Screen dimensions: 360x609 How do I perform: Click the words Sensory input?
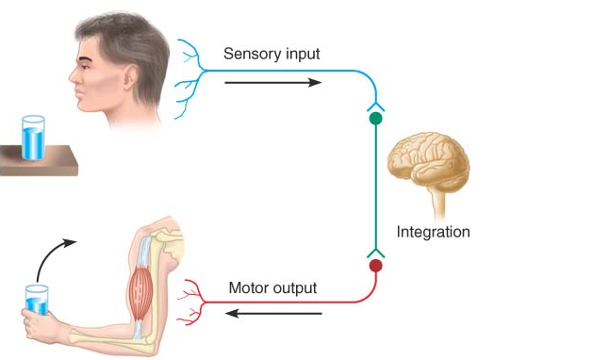[x=271, y=54]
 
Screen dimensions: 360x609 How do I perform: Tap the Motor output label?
[x=272, y=287]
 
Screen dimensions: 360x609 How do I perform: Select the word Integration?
[x=433, y=231]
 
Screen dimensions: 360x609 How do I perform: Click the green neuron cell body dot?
[x=375, y=120]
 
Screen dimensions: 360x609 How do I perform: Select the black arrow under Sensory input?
[x=272, y=82]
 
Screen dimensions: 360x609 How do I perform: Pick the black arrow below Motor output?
[x=274, y=313]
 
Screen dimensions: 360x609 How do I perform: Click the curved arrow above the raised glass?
[x=53, y=253]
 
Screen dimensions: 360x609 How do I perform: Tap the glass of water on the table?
[x=33, y=138]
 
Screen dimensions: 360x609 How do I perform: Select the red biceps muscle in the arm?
[x=140, y=282]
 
